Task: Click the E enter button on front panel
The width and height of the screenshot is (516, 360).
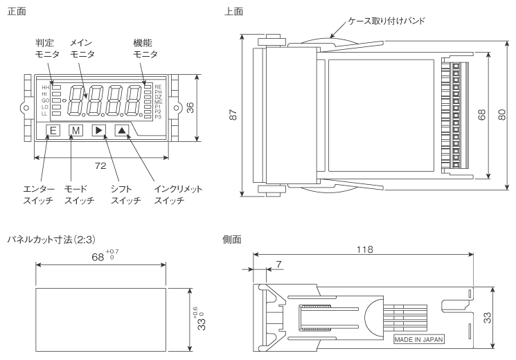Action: pos(53,130)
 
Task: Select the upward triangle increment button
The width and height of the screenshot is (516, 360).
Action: pos(121,130)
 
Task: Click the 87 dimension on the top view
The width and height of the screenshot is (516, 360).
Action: pos(233,116)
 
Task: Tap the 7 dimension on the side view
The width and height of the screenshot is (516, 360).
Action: pos(278,264)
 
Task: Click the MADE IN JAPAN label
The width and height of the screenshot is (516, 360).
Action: pos(418,339)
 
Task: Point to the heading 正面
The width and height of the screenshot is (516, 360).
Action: pos(15,12)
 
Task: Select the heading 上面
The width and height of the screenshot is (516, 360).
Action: pos(233,12)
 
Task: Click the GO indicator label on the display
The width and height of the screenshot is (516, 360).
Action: pos(45,100)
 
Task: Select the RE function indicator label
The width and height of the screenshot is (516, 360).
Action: pos(158,87)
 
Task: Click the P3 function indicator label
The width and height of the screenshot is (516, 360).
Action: pos(158,117)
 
